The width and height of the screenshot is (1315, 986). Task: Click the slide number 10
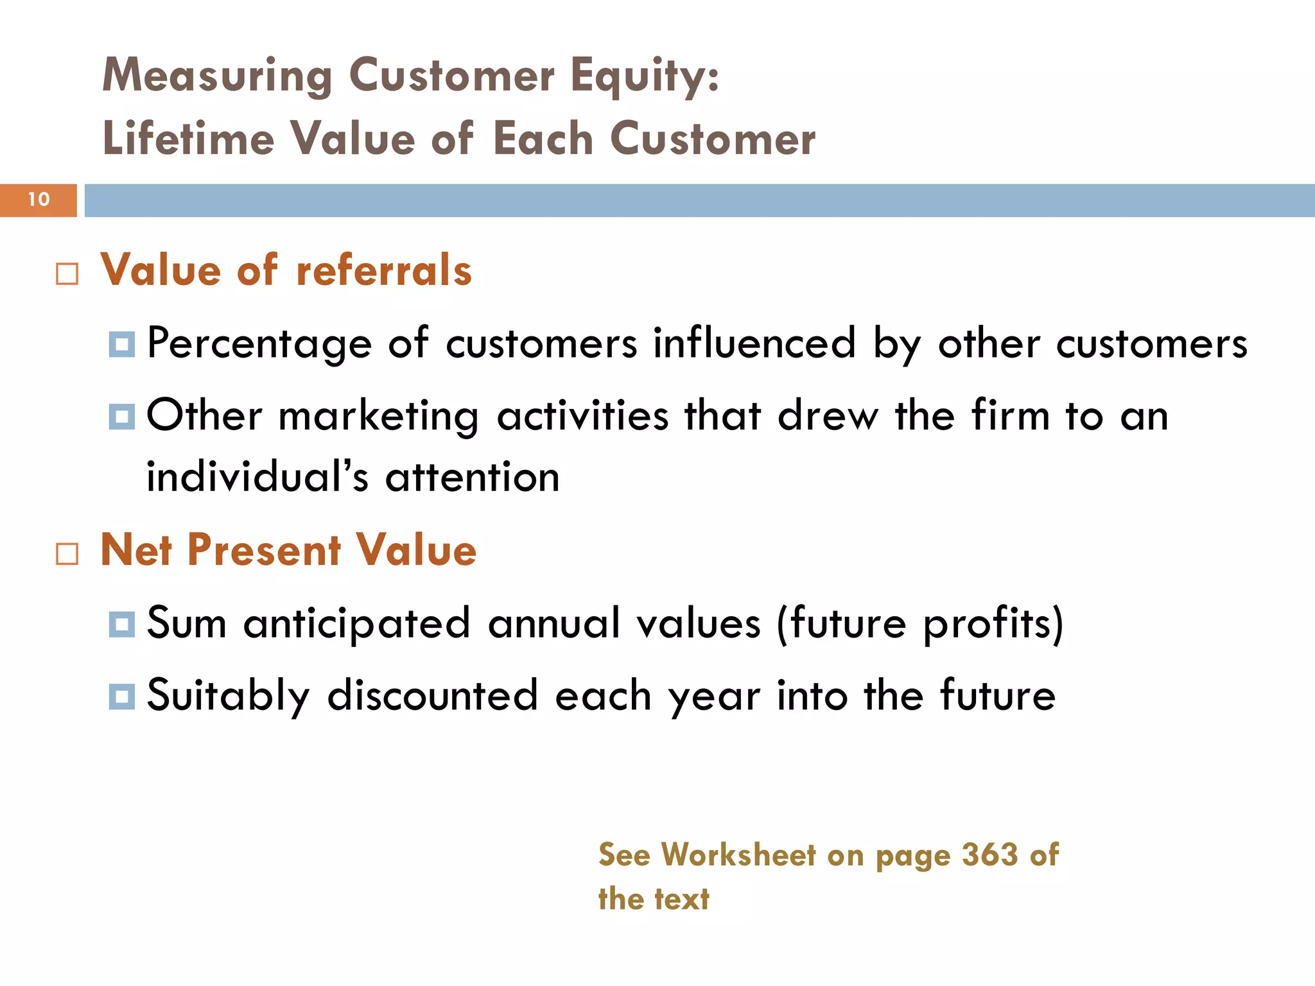39,200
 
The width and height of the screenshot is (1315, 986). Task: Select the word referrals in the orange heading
383,270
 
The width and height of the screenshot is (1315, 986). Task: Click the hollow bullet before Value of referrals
67,274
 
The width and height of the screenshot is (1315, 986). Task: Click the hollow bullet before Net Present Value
67,553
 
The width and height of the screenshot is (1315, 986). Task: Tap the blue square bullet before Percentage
122,345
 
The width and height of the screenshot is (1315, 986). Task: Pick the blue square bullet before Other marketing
122,417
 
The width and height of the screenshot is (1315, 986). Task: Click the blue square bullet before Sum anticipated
122,624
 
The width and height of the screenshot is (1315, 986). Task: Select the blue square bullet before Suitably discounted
122,696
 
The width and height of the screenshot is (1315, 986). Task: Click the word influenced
754,343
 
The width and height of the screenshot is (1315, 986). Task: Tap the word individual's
257,478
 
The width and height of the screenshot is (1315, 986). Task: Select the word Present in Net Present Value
264,551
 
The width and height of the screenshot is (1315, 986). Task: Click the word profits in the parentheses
986,624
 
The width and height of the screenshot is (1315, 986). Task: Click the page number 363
989,855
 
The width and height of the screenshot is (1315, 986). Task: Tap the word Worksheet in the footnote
738,855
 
